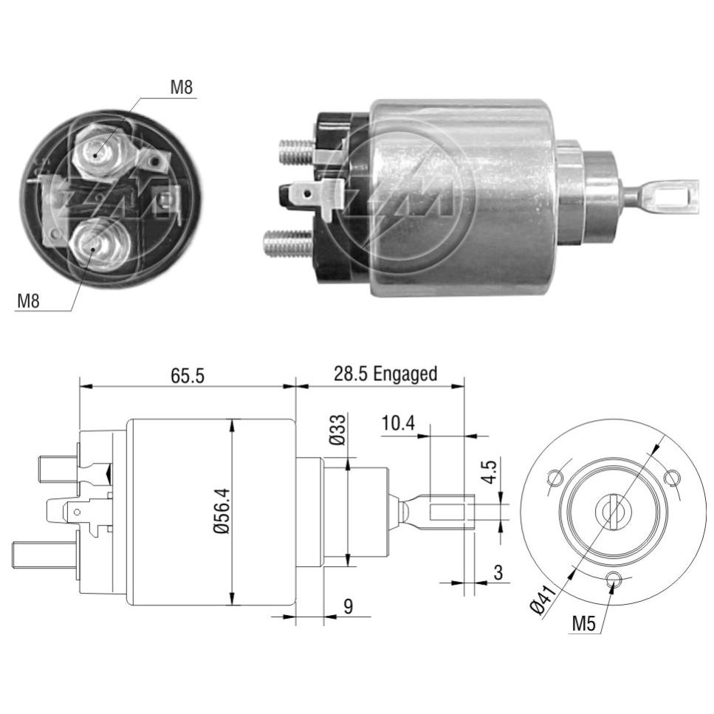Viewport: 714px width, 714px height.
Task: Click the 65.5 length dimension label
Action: coord(188,376)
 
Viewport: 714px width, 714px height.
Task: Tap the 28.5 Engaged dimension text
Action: coord(385,374)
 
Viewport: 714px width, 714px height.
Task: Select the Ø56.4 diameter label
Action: coord(222,512)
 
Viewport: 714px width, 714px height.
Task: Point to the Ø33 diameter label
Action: coord(338,430)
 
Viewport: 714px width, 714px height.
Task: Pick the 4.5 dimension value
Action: coord(489,471)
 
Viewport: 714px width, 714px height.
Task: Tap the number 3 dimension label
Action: coord(498,572)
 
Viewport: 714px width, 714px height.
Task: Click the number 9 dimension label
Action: coord(349,606)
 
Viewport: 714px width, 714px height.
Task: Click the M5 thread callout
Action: coord(584,623)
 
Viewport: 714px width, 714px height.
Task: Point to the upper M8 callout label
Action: coord(181,87)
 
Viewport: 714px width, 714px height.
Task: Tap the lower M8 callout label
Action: coord(28,301)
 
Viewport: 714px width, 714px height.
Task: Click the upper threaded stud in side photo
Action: coord(298,151)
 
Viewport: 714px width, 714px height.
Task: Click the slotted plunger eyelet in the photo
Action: coord(675,196)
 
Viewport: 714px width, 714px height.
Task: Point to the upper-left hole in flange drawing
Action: coord(555,478)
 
